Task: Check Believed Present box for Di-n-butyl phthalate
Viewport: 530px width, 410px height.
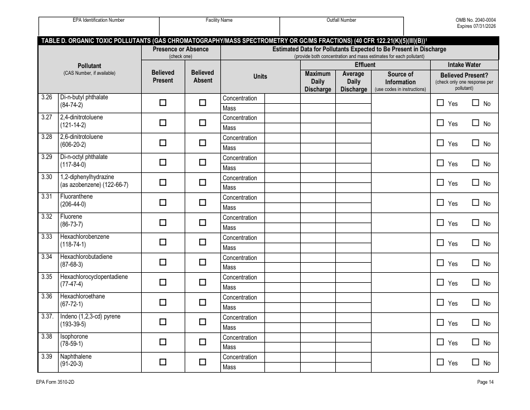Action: (163, 103)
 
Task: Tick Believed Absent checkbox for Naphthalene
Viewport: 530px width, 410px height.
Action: (203, 361)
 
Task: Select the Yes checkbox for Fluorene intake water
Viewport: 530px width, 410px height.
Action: (440, 223)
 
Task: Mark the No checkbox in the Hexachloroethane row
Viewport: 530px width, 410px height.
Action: (476, 302)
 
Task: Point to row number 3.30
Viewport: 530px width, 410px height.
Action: (47, 177)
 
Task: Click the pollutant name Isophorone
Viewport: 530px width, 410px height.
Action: (74, 336)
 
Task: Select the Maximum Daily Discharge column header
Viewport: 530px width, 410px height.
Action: (317, 81)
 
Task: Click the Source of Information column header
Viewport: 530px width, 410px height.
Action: (400, 81)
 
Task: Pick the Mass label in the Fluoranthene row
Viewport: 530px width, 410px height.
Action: (229, 208)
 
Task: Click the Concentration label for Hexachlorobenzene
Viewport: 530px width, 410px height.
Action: (240, 238)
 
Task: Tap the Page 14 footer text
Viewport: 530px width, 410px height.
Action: (485, 382)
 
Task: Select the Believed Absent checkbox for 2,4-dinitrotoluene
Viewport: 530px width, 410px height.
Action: (203, 123)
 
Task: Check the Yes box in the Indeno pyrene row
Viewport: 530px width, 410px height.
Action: (440, 322)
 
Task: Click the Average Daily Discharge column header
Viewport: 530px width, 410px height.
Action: (353, 81)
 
